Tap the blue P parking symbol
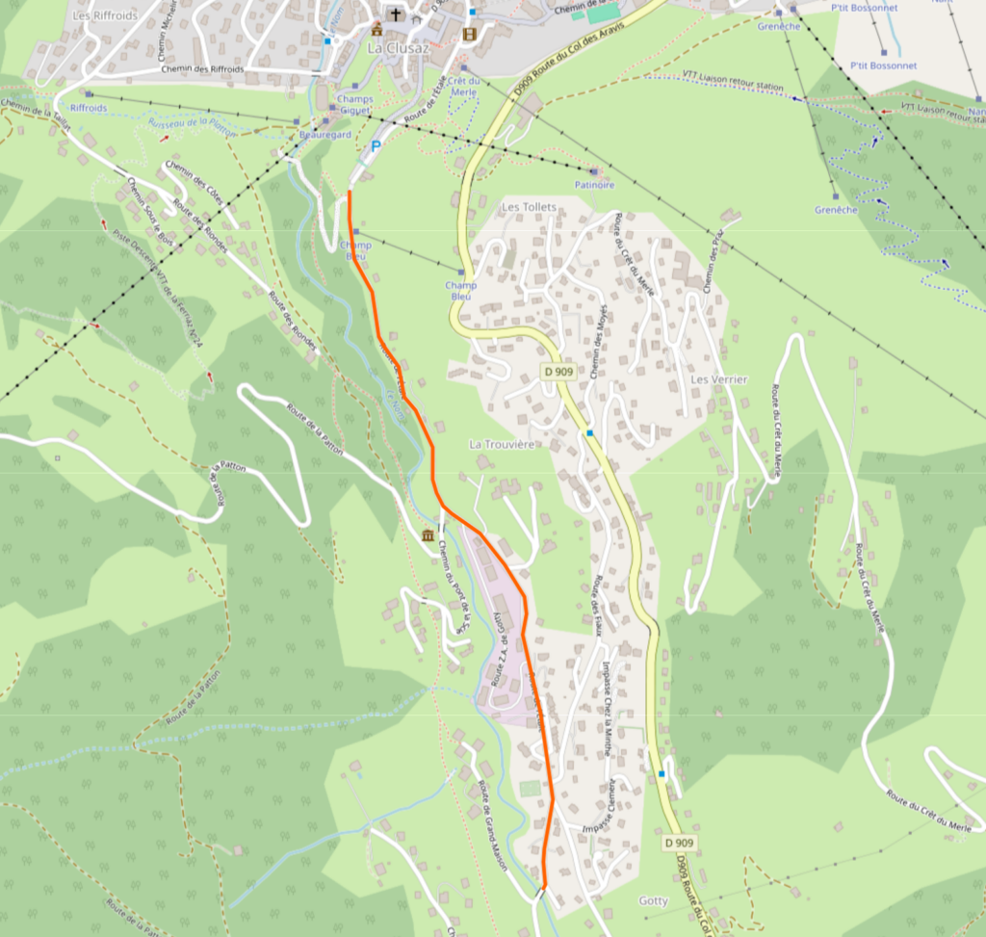point(376,146)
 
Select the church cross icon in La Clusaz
point(395,13)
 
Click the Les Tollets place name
point(529,207)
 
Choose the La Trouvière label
point(501,444)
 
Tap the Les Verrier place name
point(718,379)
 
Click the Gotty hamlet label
point(653,900)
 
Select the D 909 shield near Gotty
point(680,843)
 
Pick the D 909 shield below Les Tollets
point(558,372)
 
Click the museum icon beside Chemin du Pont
point(428,534)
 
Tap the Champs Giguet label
point(354,105)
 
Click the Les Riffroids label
point(105,16)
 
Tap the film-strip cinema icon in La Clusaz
point(469,34)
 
